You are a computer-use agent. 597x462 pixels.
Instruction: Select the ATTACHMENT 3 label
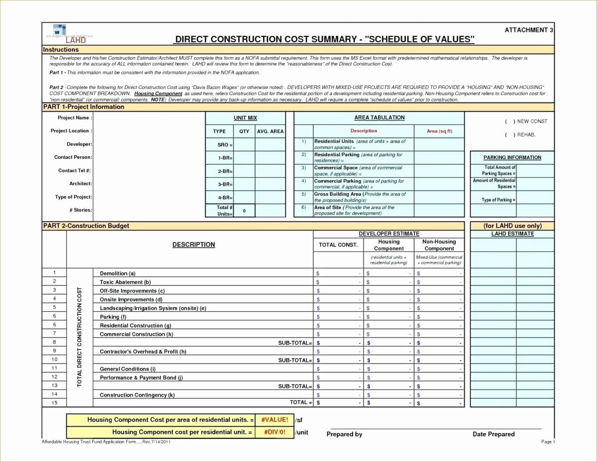click(528, 30)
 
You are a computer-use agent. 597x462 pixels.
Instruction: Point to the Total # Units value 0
click(244, 211)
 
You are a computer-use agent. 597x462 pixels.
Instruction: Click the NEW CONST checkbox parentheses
click(510, 121)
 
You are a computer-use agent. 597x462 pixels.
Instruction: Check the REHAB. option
click(510, 135)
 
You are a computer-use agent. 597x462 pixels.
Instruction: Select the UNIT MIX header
click(245, 118)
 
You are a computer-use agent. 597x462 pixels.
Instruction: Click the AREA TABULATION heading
click(379, 118)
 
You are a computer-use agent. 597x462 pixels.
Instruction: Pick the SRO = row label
click(225, 145)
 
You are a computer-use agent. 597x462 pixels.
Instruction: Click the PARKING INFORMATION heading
click(512, 158)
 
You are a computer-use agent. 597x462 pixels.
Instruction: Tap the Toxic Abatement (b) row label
click(125, 282)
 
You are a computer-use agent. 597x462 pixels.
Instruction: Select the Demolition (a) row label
click(117, 273)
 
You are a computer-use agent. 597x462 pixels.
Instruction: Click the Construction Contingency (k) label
click(137, 395)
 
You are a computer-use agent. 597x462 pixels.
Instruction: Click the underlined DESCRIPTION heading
click(194, 244)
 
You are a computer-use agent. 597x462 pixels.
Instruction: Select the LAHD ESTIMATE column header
click(512, 234)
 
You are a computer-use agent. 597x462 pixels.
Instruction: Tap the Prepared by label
click(344, 434)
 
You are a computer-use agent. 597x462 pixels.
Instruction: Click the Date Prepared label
click(493, 434)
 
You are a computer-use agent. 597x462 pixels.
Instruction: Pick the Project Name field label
click(75, 118)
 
